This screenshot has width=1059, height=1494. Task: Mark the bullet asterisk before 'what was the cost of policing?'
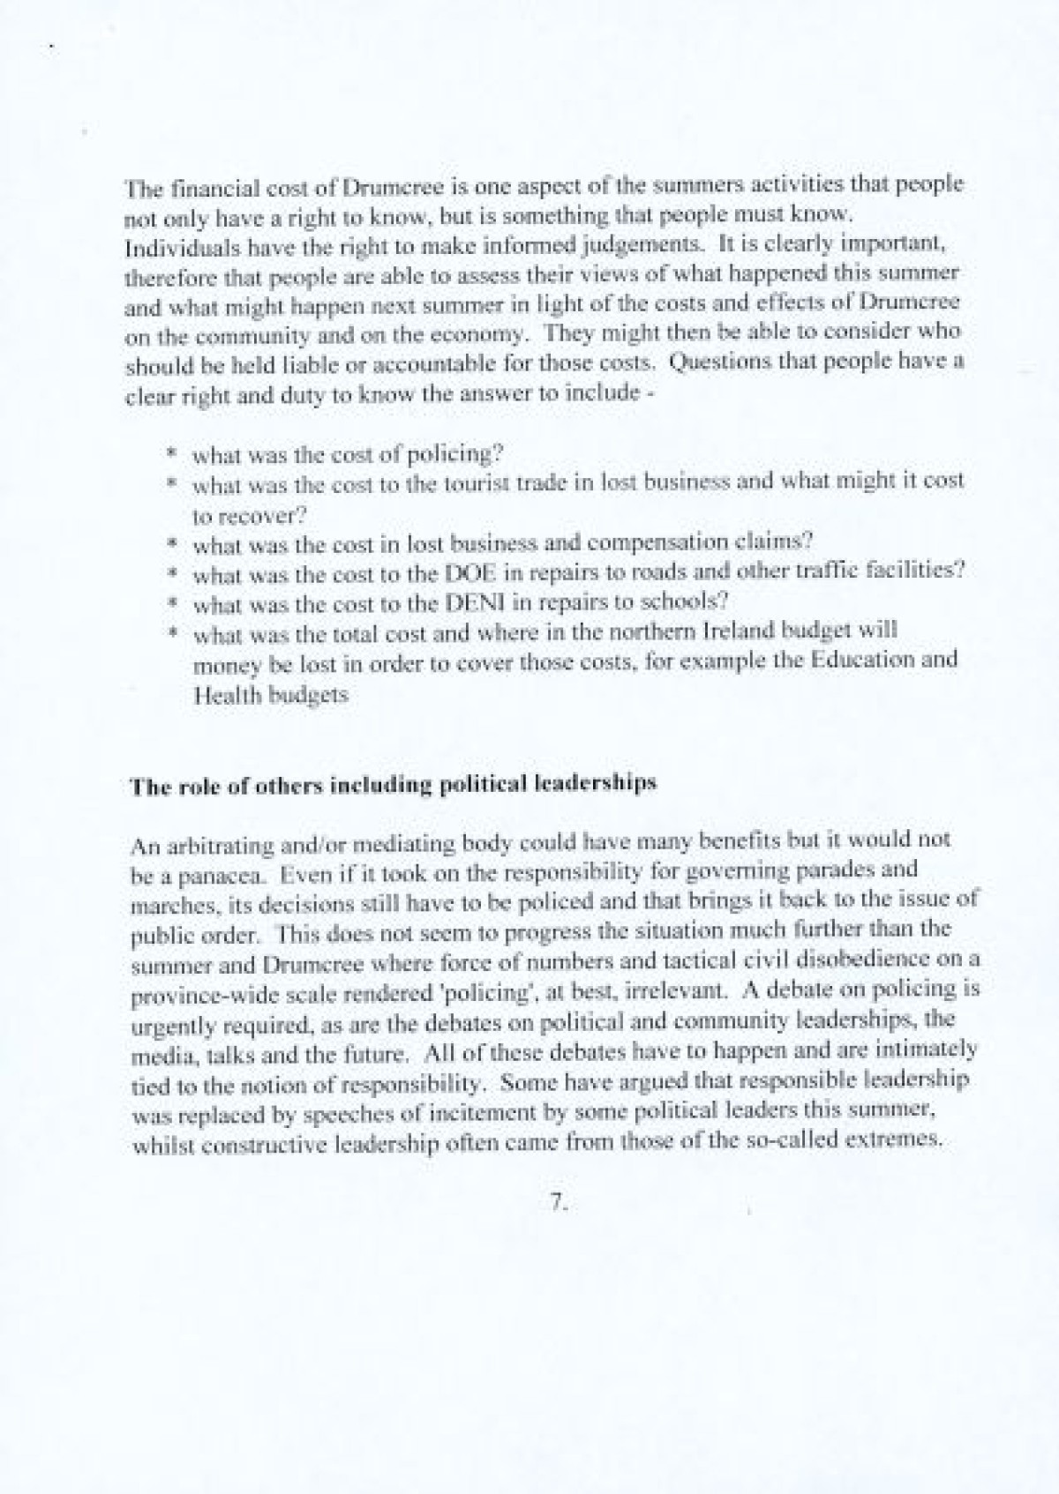[174, 453]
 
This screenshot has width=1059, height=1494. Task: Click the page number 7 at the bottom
[558, 1205]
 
